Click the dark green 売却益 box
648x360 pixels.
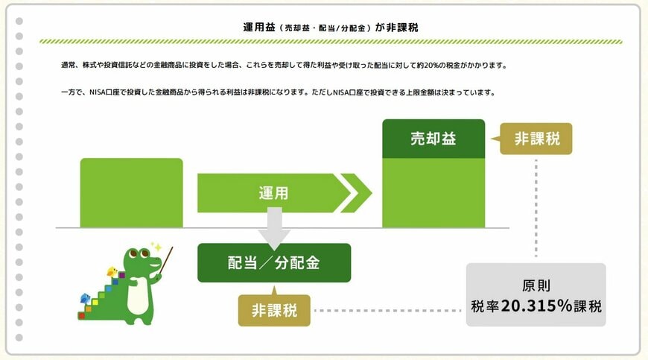click(x=433, y=139)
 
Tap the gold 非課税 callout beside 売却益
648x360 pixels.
click(x=536, y=139)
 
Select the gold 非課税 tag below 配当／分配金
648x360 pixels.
click(x=274, y=310)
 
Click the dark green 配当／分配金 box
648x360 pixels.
click(x=274, y=263)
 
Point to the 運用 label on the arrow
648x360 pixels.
click(x=273, y=193)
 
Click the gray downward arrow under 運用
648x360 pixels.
click(x=274, y=228)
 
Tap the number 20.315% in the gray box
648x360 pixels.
click(x=536, y=306)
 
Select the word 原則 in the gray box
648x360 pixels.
click(x=536, y=285)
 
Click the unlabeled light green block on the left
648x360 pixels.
click(x=131, y=192)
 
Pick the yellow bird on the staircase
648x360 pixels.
click(x=112, y=271)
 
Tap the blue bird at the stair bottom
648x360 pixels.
click(x=85, y=298)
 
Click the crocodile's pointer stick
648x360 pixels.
click(x=165, y=260)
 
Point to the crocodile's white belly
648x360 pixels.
click(x=138, y=294)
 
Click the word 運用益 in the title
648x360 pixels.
click(x=259, y=28)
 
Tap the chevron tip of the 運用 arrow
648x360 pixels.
click(x=372, y=193)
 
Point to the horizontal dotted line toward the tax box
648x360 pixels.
click(x=387, y=310)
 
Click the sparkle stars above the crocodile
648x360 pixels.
click(x=156, y=247)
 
